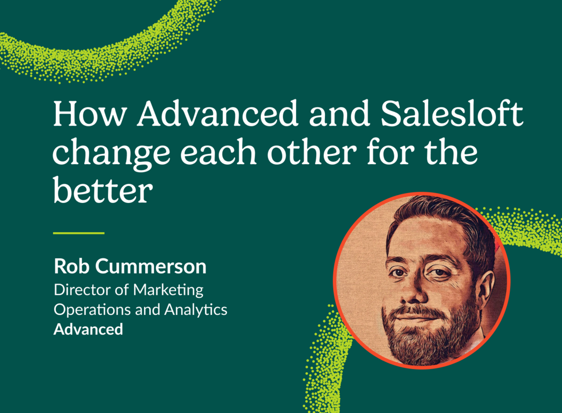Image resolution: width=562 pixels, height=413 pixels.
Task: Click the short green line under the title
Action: tap(79, 233)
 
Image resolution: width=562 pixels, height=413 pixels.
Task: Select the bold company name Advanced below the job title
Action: tap(88, 329)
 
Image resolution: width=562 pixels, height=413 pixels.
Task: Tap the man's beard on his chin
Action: tap(424, 343)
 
